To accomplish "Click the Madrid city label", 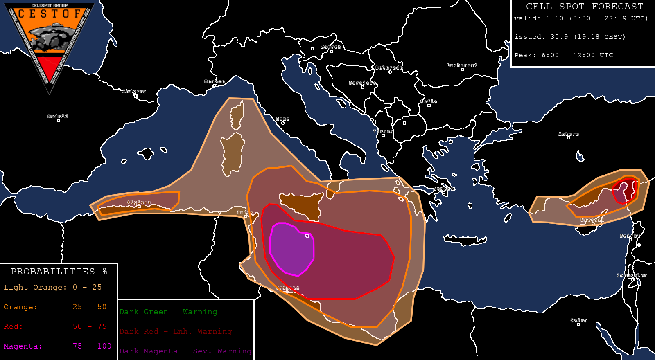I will point(58,117).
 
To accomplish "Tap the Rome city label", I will point(282,119).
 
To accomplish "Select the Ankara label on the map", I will point(569,134).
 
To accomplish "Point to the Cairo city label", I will point(579,321).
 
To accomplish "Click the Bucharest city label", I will point(462,65).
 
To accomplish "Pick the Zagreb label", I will point(331,47).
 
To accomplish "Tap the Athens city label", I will point(444,189).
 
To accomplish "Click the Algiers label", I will point(139,202).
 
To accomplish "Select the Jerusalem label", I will point(632,276).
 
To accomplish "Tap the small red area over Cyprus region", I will point(625,191).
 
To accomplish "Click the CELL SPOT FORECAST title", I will point(585,7).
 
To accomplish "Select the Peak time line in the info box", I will point(564,55).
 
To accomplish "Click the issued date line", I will point(570,37).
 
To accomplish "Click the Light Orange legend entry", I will point(52,287).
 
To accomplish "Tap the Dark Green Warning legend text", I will point(168,312).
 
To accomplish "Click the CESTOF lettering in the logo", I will point(50,14).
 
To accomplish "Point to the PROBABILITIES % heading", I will point(59,272).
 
